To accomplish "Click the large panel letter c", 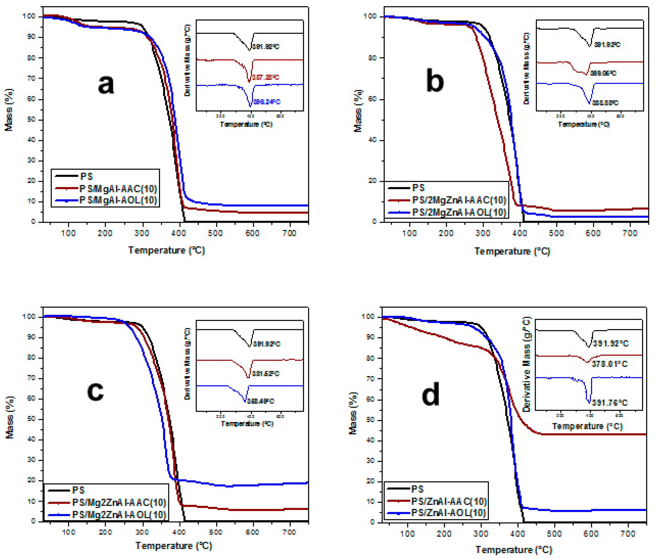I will pyautogui.click(x=95, y=391).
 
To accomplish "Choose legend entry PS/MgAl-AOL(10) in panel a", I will pyautogui.click(x=118, y=200).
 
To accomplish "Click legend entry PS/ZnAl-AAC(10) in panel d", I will pyautogui.click(x=449, y=501).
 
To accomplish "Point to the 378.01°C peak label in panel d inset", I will pyautogui.click(x=609, y=364).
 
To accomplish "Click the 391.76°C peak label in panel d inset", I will pyautogui.click(x=609, y=403).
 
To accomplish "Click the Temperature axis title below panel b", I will pyautogui.click(x=512, y=251).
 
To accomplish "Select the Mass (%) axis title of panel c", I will pyautogui.click(x=10, y=417).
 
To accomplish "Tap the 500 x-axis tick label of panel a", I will pyautogui.click(x=215, y=233).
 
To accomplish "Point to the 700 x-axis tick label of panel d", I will pyautogui.click(x=628, y=534).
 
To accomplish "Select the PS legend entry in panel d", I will pyautogui.click(x=417, y=489).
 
